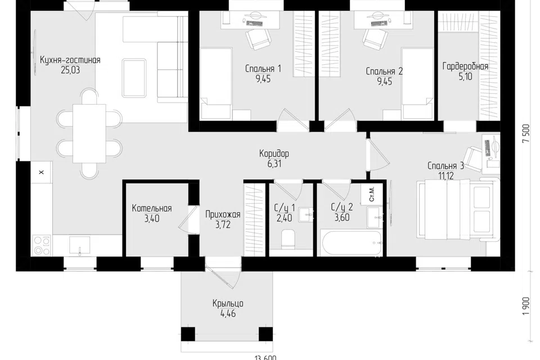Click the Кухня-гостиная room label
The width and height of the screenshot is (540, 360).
(x=70, y=60)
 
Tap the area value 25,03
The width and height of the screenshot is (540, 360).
(x=70, y=70)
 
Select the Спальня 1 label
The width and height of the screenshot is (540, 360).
(x=263, y=69)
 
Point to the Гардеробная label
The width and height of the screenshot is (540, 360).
(x=465, y=66)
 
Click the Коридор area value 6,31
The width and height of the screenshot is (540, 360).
(x=274, y=164)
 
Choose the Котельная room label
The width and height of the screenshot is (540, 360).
(x=151, y=209)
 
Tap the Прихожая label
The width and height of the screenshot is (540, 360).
(x=223, y=215)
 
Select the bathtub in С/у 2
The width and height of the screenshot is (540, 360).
(x=351, y=243)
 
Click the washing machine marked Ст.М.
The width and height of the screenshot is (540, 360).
(x=372, y=195)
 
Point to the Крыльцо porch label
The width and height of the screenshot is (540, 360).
(x=228, y=304)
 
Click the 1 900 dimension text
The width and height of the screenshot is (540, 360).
(x=525, y=305)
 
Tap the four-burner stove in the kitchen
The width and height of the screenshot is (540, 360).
(x=42, y=245)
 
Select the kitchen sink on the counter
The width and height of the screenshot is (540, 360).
(x=79, y=245)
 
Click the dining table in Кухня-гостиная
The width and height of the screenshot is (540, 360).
(x=89, y=133)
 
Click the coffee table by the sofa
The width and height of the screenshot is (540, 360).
(x=134, y=78)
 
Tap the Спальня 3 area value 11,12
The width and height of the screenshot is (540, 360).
(x=445, y=176)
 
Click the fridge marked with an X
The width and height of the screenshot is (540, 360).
(x=42, y=172)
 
